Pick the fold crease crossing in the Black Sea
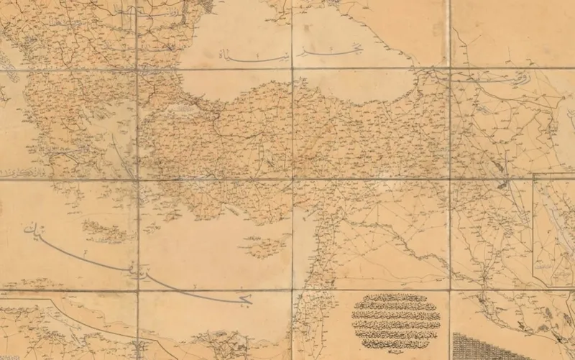[293, 69]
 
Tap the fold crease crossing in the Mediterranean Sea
[137, 291]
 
